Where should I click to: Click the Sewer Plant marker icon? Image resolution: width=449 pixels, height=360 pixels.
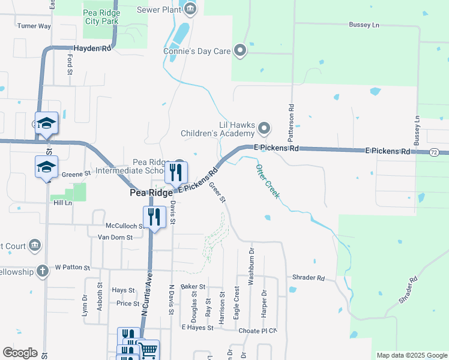pos(190,8)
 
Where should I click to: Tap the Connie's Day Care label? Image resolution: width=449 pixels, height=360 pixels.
pos(197,51)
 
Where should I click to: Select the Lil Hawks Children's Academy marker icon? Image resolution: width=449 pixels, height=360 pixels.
pos(265,128)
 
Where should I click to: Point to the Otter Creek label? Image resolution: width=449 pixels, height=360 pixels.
pos(268,181)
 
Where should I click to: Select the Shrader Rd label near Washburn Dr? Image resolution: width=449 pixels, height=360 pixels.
pos(308,278)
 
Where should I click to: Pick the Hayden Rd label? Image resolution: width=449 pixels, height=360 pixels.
pos(92,48)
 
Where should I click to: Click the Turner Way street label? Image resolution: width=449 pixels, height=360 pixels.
pos(34,26)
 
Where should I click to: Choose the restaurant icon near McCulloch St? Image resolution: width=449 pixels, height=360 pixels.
pos(154,217)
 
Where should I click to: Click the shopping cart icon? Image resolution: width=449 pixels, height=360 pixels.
pos(148,350)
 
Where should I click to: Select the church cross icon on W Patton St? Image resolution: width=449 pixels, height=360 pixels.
pos(42,271)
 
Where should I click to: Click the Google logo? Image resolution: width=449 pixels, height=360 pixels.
pos(20,353)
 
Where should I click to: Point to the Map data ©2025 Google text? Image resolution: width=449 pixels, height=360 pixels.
pos(411,355)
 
